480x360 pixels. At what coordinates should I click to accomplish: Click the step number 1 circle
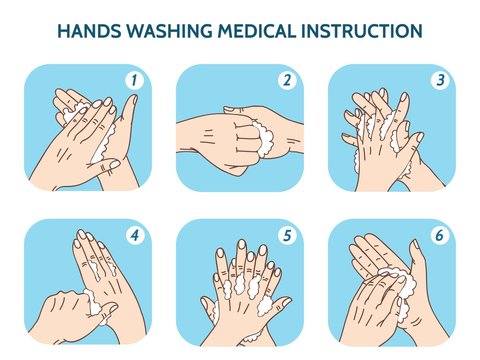134,79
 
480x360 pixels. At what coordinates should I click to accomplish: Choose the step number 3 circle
438,79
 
